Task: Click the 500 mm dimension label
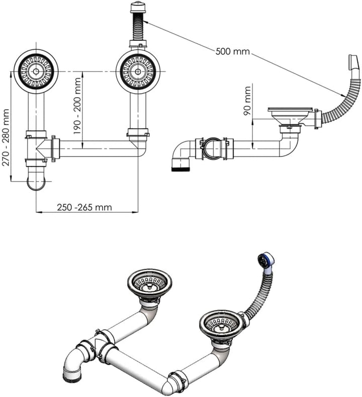pyautogui.click(x=232, y=51)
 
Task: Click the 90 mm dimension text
pyautogui.click(x=247, y=101)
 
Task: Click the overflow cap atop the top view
pyautogui.click(x=137, y=7)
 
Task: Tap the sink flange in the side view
pyautogui.click(x=291, y=109)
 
